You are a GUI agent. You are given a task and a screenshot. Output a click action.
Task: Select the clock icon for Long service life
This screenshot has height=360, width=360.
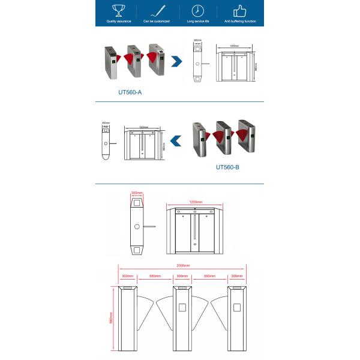197,10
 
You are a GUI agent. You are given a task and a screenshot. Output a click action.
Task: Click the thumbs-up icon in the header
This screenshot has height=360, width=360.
239,10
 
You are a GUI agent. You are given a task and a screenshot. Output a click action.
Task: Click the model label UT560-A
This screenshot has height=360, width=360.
130,93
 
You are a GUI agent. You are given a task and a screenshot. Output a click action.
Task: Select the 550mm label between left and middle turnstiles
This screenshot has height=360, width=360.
155,277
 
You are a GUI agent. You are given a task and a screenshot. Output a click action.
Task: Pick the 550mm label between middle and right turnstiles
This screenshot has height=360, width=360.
210,277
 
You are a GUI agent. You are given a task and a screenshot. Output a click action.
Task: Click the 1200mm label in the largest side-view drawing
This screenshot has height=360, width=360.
196,202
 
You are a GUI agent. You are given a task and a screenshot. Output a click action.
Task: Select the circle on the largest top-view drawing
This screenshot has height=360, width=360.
137,226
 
